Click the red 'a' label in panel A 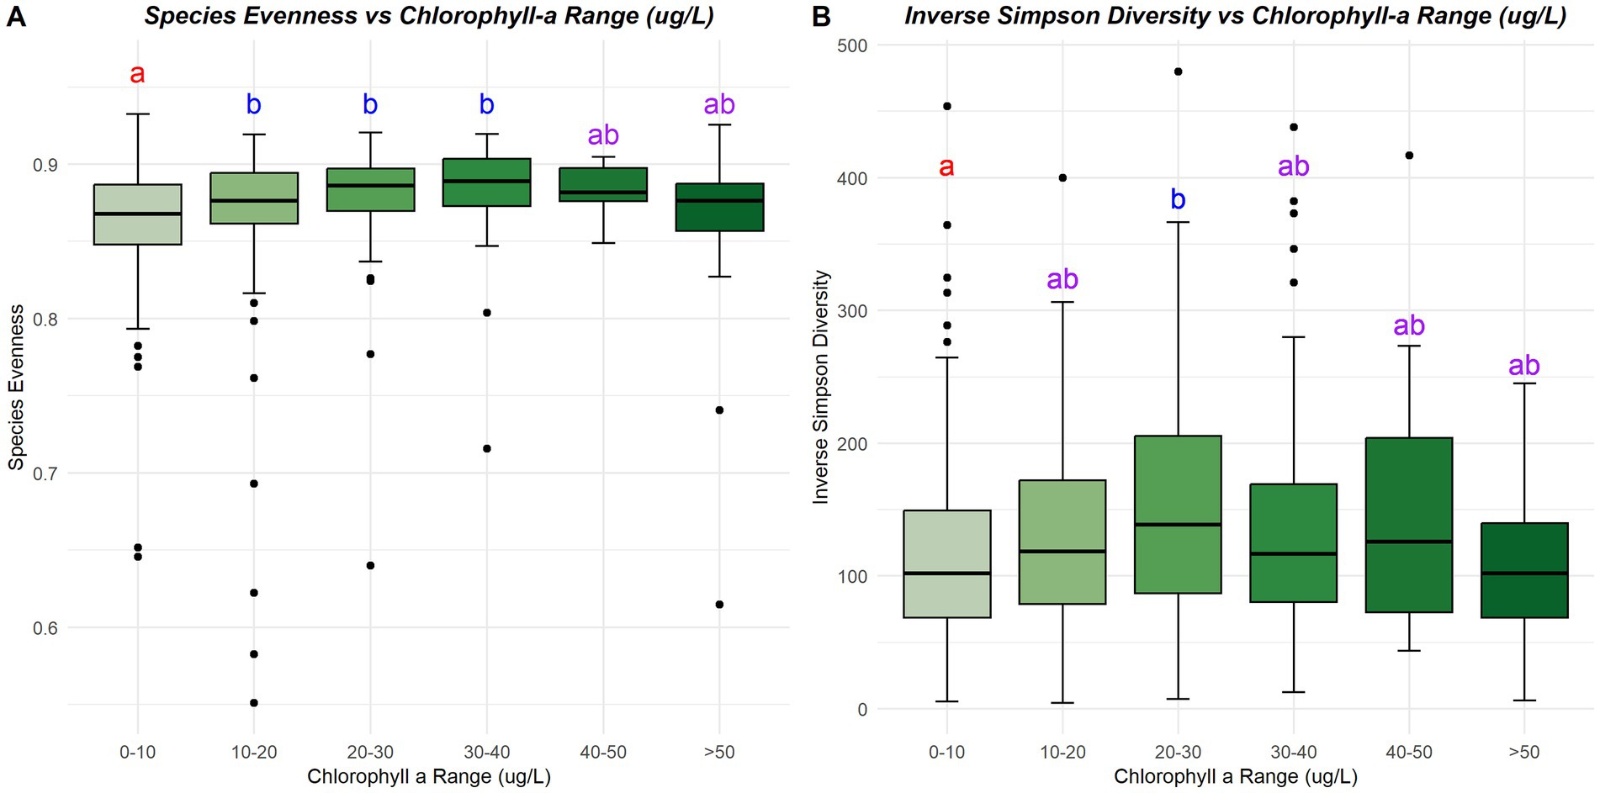[x=137, y=74]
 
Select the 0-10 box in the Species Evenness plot [x=138, y=214]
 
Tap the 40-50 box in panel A [x=603, y=184]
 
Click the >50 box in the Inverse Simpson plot [x=1524, y=570]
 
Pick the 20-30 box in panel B [x=1178, y=515]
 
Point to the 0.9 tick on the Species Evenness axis [x=45, y=165]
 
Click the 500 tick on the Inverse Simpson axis [x=852, y=45]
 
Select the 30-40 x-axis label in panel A [x=487, y=752]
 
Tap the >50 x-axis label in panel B [x=1524, y=752]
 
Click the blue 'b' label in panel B [x=1178, y=200]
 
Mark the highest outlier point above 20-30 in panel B [x=1178, y=71]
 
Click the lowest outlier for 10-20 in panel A [x=254, y=703]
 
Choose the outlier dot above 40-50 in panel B [x=1409, y=156]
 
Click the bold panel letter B [x=821, y=17]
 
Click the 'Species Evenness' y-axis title [x=16, y=387]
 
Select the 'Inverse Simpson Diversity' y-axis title [x=821, y=387]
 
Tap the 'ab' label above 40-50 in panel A [x=603, y=135]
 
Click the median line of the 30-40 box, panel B [x=1294, y=553]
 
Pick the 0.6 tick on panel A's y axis [x=45, y=628]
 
